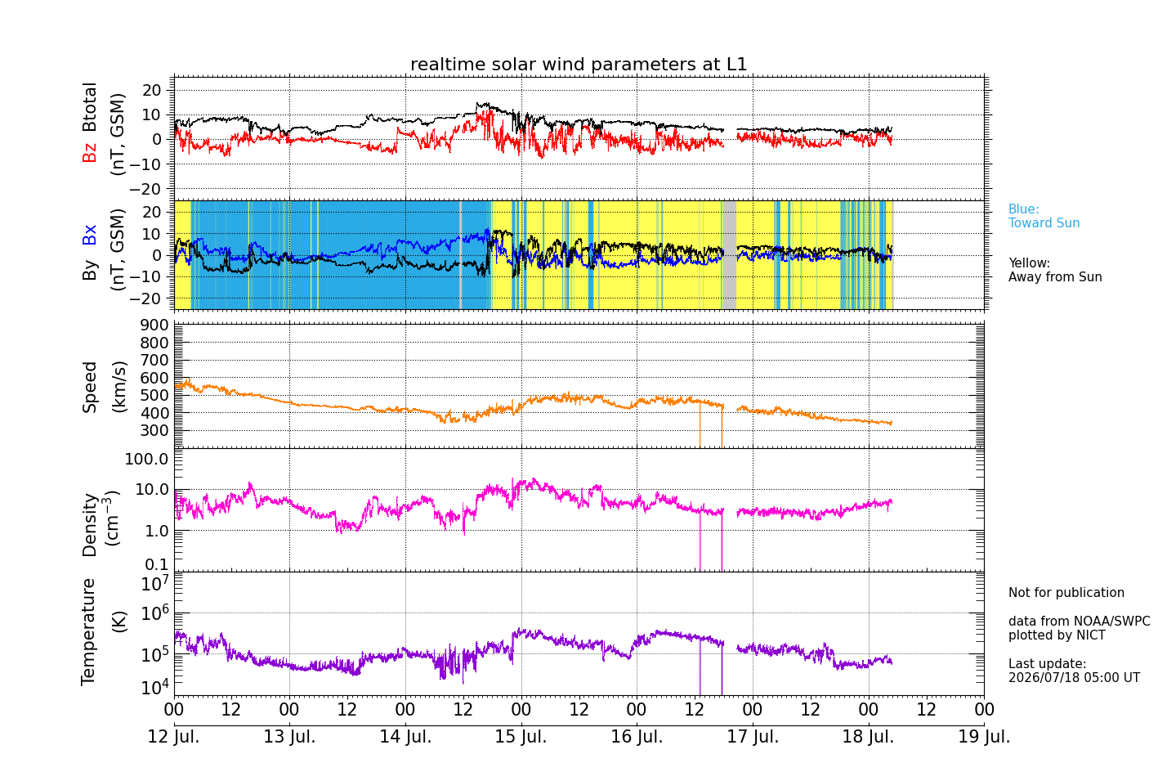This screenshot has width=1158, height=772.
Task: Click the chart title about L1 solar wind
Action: (x=579, y=65)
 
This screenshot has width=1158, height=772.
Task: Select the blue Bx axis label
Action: (x=89, y=235)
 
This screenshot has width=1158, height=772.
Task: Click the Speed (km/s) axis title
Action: (x=104, y=387)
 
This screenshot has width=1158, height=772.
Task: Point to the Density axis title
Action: (x=101, y=523)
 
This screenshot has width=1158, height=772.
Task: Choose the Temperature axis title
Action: (x=103, y=632)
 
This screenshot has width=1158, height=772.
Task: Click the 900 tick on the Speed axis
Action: (x=154, y=325)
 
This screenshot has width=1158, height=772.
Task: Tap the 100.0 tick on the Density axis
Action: (x=147, y=459)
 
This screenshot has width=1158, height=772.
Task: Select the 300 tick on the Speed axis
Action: (x=154, y=430)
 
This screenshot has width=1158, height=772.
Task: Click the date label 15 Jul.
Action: (x=521, y=737)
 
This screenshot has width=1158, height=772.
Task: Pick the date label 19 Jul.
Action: (x=984, y=737)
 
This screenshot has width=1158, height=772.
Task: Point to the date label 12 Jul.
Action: (x=174, y=737)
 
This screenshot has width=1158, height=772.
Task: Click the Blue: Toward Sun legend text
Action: (x=1044, y=216)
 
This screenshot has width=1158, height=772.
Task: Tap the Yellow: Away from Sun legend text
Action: (x=1054, y=270)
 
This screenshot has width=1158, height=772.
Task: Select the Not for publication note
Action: (x=1066, y=592)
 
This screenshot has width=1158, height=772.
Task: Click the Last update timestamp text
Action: (x=1074, y=671)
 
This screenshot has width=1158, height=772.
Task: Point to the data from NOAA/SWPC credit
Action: (x=1079, y=621)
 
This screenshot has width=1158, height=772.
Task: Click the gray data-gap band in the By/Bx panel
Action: (x=729, y=255)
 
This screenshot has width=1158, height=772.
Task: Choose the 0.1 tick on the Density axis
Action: (x=157, y=564)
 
